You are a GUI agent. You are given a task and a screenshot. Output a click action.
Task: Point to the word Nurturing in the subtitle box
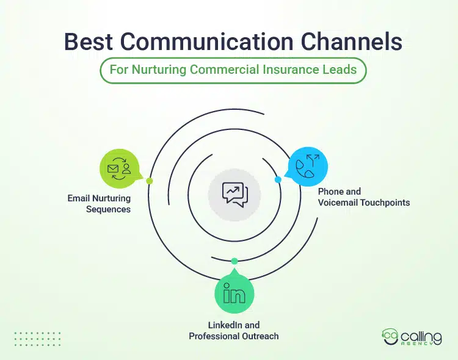156,69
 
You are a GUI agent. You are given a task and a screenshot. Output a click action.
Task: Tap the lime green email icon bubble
119,168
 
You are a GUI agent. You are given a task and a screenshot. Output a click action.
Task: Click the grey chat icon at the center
234,194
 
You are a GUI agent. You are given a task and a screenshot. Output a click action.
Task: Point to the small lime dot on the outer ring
150,181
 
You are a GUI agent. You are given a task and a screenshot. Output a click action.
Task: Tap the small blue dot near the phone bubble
278,180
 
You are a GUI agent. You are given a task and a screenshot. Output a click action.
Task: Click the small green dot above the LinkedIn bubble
234,261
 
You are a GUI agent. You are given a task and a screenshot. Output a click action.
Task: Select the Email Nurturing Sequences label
99,204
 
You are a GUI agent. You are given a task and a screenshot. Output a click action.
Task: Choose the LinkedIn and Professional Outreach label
234,331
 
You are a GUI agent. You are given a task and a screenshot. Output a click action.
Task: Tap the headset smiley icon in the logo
388,336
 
